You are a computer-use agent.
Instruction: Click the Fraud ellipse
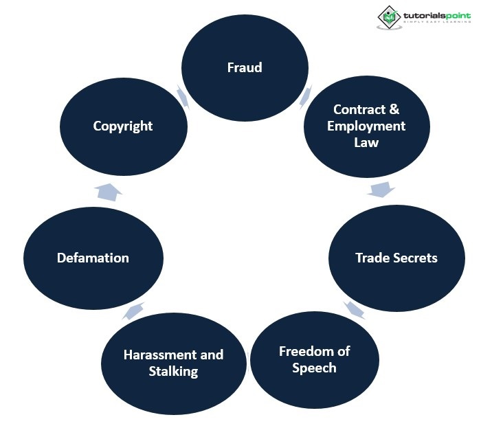(x=244, y=67)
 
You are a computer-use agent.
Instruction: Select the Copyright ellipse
(x=123, y=126)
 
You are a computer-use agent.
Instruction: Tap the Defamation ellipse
(x=93, y=258)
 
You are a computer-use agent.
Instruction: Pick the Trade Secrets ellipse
(x=396, y=258)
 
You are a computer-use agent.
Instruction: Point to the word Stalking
(x=173, y=371)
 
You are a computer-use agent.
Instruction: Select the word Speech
(x=314, y=368)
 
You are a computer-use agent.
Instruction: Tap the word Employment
(x=366, y=126)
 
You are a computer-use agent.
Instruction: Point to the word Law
(x=366, y=142)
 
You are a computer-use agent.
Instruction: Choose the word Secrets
(x=415, y=258)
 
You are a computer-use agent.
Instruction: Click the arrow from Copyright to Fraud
(x=183, y=97)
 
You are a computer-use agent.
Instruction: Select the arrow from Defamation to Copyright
(x=108, y=192)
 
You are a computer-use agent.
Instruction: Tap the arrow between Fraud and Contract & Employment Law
(x=305, y=96)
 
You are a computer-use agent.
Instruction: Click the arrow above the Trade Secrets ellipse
(x=381, y=189)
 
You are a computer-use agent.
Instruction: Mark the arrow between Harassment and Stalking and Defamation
(x=135, y=311)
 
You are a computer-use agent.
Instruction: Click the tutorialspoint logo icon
(x=390, y=17)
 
